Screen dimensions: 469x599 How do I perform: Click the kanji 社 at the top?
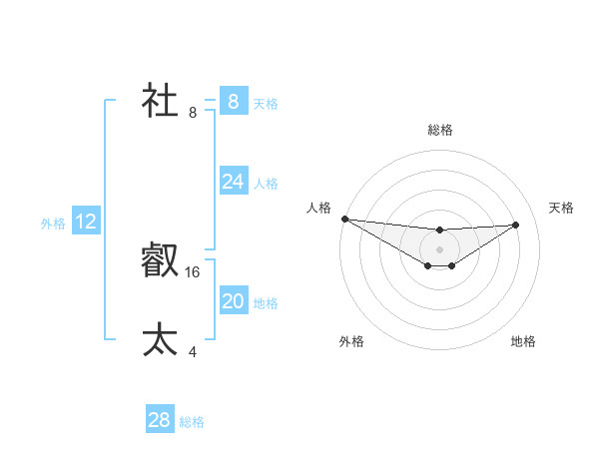point(161,102)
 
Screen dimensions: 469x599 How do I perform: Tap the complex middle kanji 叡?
point(161,261)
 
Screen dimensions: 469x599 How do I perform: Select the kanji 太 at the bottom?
point(161,339)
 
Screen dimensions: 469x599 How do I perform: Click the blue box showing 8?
point(233,102)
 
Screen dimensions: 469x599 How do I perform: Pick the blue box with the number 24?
point(233,182)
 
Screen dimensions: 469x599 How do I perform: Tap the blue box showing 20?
point(233,301)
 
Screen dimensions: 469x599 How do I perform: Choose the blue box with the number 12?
point(86,222)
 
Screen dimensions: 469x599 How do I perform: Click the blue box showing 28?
point(160,420)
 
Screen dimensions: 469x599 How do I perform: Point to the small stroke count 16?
point(193,271)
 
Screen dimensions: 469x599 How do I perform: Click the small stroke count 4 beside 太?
point(193,351)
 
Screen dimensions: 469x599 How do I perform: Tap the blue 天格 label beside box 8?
point(266,103)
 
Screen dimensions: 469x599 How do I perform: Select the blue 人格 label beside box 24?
point(266,183)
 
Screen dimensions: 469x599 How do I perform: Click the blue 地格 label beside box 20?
point(266,302)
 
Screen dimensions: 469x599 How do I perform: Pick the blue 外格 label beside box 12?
point(53,224)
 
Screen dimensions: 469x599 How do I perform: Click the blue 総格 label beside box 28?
point(192,422)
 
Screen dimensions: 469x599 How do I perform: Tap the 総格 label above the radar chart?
point(439,130)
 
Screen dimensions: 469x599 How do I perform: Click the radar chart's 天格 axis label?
point(561,208)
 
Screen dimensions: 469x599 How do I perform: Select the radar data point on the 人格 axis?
point(344,219)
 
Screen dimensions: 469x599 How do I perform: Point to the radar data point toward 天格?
point(516,225)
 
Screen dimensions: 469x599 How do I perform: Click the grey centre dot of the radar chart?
point(439,249)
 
